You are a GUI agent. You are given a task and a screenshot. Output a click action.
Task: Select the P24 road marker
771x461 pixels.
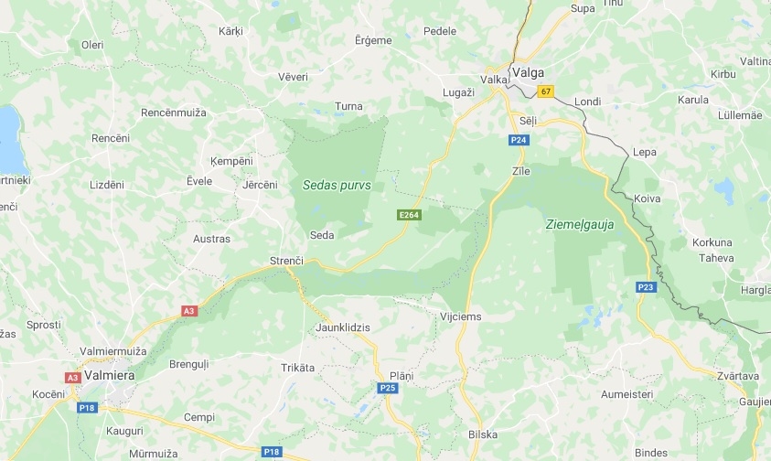click(519, 140)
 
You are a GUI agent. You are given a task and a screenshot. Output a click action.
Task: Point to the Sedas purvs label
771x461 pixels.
click(337, 185)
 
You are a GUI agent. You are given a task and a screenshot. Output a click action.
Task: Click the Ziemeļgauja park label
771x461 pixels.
click(579, 223)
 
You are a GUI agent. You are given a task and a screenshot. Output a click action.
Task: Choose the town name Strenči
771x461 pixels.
click(286, 261)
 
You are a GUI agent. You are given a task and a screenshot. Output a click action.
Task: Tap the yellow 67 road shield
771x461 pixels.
click(546, 91)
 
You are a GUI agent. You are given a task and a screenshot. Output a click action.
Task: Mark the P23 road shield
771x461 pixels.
click(647, 287)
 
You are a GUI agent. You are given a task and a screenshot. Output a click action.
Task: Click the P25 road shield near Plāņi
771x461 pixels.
click(388, 388)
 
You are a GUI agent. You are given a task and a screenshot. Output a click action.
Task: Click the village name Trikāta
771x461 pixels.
click(297, 368)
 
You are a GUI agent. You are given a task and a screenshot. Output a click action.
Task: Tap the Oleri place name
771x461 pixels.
click(92, 44)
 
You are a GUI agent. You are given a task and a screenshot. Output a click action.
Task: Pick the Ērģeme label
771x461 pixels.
click(372, 40)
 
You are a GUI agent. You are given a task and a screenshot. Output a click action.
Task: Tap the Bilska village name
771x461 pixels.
click(482, 434)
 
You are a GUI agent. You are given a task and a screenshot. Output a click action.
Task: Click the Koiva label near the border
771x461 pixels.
click(647, 198)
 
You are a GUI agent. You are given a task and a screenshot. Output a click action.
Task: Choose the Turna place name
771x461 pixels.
click(348, 106)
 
